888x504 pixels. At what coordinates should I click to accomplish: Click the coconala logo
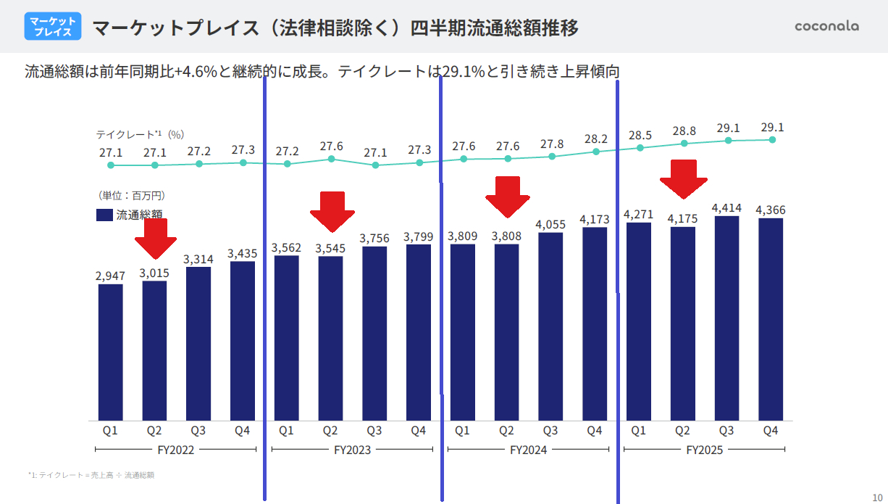point(826,26)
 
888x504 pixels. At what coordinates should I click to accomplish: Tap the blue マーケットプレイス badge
point(53,27)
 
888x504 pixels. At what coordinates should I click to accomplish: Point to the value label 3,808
point(506,236)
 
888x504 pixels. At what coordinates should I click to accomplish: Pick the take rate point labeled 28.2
point(596,152)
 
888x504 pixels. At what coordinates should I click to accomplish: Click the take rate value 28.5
point(640,135)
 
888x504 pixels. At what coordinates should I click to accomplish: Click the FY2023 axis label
point(352,450)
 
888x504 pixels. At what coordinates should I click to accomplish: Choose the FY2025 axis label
point(704,450)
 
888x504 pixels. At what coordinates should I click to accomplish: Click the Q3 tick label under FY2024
point(550,431)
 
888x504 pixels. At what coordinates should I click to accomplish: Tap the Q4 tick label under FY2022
point(243,431)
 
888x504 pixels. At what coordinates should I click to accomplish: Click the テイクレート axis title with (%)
point(140,134)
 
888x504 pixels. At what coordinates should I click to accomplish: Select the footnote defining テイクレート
point(91,476)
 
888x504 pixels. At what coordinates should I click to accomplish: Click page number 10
point(877,497)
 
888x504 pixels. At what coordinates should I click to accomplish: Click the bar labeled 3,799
point(419,332)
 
